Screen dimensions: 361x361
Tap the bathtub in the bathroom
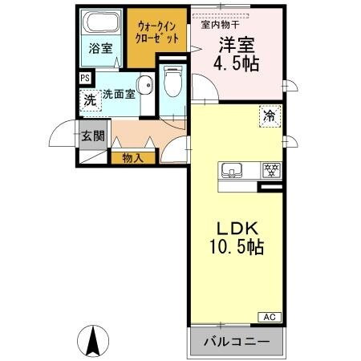point(101,23)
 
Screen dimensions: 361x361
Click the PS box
point(84,78)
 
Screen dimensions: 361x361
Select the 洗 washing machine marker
point(90,100)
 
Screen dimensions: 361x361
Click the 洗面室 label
point(117,93)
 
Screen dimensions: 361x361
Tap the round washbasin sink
point(145,88)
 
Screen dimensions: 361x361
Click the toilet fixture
point(172,81)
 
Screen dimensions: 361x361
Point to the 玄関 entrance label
point(92,136)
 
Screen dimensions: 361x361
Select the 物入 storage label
point(132,158)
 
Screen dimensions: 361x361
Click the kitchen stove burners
point(270,169)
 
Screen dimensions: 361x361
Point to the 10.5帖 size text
point(236,246)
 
